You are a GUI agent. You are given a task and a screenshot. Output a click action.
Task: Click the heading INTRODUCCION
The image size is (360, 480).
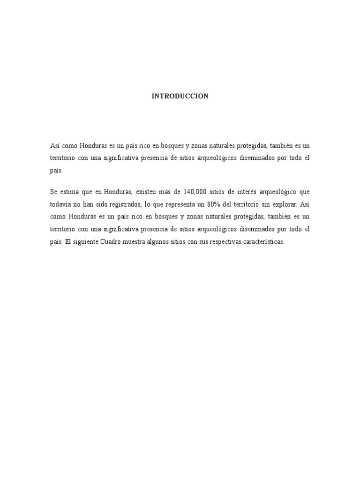[180, 96]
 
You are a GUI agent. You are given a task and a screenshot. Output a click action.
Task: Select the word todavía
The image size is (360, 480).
[60, 205]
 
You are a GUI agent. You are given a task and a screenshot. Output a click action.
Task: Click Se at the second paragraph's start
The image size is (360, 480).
[53, 192]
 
